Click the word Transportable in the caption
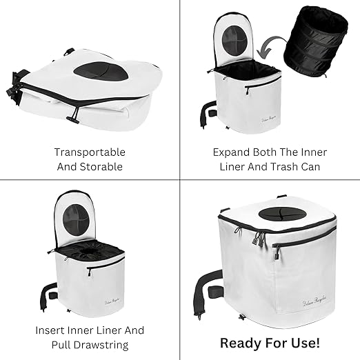click(x=90, y=152)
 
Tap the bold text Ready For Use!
click(x=270, y=342)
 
